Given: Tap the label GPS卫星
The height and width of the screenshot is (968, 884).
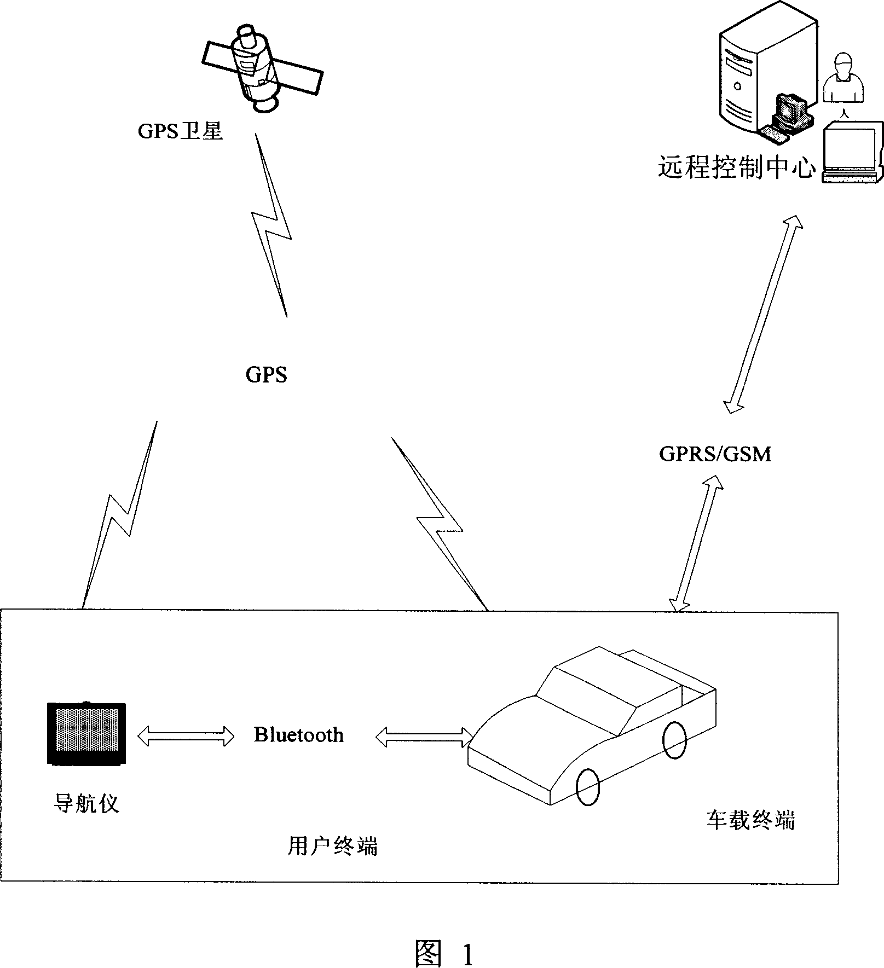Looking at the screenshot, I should pyautogui.click(x=180, y=131).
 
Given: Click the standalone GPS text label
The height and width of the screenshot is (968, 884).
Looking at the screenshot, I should pyautogui.click(x=266, y=375).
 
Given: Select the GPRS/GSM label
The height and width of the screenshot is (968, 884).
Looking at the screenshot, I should pyautogui.click(x=715, y=454).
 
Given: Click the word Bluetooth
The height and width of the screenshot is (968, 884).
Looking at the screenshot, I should pyautogui.click(x=299, y=734).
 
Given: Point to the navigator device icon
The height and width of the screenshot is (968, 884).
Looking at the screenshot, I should pyautogui.click(x=86, y=734).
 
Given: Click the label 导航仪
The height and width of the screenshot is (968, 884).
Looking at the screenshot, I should pyautogui.click(x=86, y=803).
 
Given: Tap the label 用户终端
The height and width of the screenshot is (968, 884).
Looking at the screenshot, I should pyautogui.click(x=332, y=847).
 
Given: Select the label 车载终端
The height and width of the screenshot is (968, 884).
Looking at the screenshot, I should pyautogui.click(x=750, y=820).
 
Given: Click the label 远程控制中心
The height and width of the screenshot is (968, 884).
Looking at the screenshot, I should pyautogui.click(x=736, y=167).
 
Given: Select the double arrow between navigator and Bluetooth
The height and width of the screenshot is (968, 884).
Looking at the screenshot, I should pyautogui.click(x=186, y=735).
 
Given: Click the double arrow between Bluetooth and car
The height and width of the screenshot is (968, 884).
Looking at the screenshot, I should pyautogui.click(x=425, y=737).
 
